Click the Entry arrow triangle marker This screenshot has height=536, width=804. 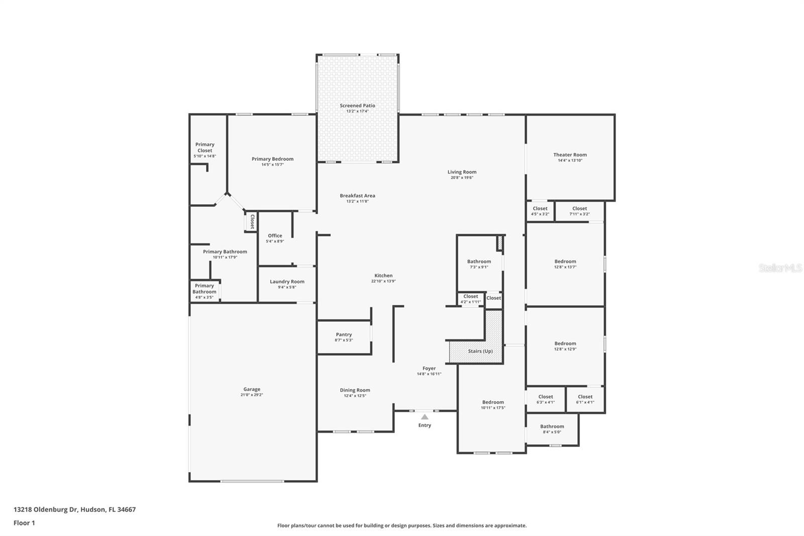click(425, 417)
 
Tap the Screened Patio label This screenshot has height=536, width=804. click(357, 106)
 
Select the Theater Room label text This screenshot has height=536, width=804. click(570, 155)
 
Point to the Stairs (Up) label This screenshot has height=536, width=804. click(480, 351)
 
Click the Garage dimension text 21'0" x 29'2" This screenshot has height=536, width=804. click(252, 395)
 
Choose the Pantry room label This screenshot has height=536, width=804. click(344, 334)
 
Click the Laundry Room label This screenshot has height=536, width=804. click(287, 282)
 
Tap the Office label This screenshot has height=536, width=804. click(275, 235)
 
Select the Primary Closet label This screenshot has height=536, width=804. click(205, 147)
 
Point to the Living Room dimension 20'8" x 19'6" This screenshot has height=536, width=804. click(462, 177)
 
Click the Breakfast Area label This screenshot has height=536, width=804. click(357, 196)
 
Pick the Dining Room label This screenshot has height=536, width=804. click(355, 390)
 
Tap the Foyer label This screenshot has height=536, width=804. click(429, 369)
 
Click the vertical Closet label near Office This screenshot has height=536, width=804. click(252, 221)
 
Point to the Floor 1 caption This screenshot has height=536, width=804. click(24, 523)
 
